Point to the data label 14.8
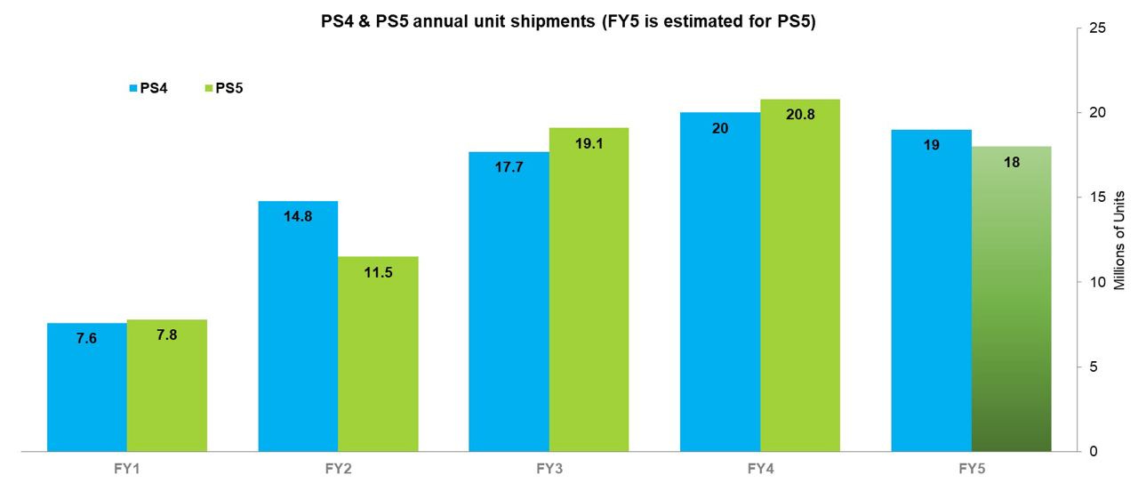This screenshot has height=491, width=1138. click(298, 215)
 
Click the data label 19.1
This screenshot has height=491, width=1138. click(589, 142)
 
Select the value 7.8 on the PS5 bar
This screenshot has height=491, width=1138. click(167, 335)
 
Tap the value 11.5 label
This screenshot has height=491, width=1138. click(378, 272)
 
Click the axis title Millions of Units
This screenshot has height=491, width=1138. click(1119, 240)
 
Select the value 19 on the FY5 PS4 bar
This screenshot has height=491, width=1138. click(931, 144)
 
